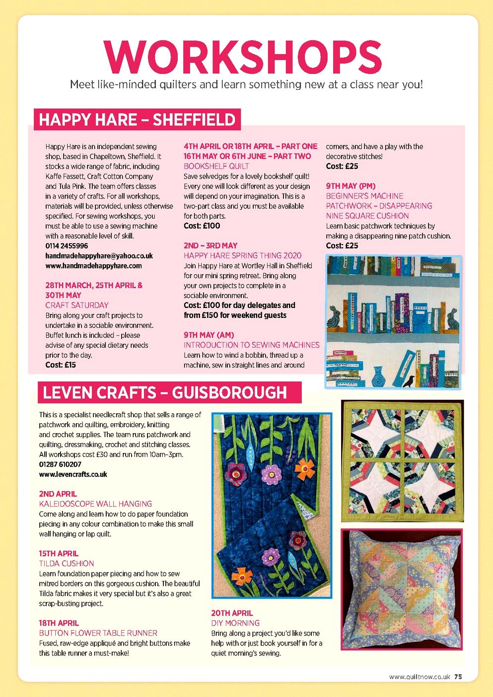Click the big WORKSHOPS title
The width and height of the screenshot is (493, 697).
[243, 56]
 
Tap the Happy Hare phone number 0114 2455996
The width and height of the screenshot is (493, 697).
[67, 246]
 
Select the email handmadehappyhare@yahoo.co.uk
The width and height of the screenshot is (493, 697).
[99, 255]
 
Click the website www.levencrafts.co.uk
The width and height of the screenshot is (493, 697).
[73, 474]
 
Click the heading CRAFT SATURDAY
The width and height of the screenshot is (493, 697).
[76, 305]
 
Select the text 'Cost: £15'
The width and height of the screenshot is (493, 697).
[61, 365]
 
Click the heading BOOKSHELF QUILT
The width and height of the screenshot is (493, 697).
[216, 166]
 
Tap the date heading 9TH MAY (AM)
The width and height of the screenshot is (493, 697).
[209, 335]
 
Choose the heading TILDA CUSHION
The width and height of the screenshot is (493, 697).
[67, 564]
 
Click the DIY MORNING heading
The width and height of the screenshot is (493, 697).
[235, 623]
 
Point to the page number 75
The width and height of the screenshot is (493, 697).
[458, 677]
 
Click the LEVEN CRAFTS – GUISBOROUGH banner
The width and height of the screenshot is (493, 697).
[165, 392]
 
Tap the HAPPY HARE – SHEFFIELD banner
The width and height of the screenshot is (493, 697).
[137, 120]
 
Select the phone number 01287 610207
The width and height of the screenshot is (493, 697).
[60, 464]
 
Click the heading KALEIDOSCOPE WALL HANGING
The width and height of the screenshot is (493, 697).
[95, 504]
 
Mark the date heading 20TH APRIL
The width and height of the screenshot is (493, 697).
[232, 613]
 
